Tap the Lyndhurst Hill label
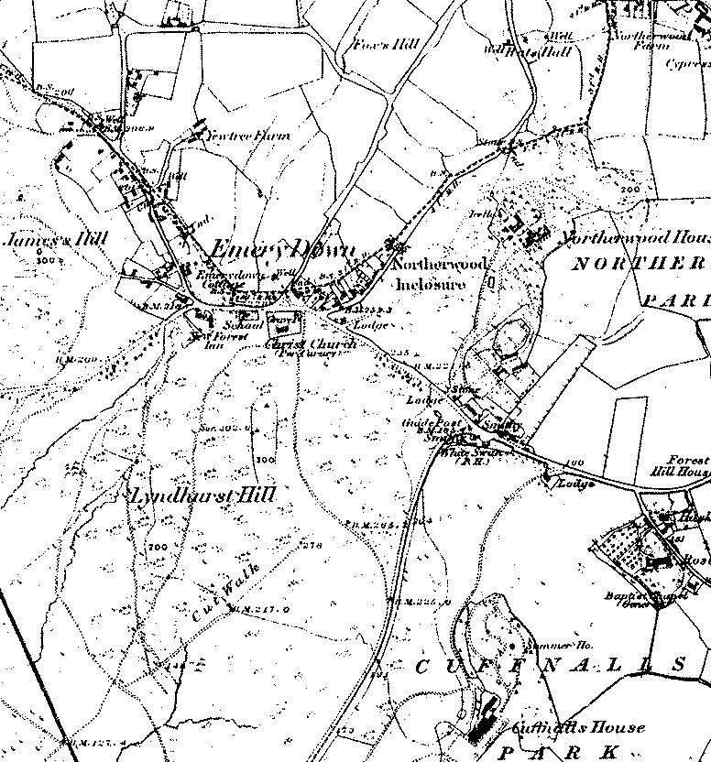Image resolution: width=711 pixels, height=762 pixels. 201,495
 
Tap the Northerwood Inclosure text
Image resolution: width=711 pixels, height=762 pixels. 429,273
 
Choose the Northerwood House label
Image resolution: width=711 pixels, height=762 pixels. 636,238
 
